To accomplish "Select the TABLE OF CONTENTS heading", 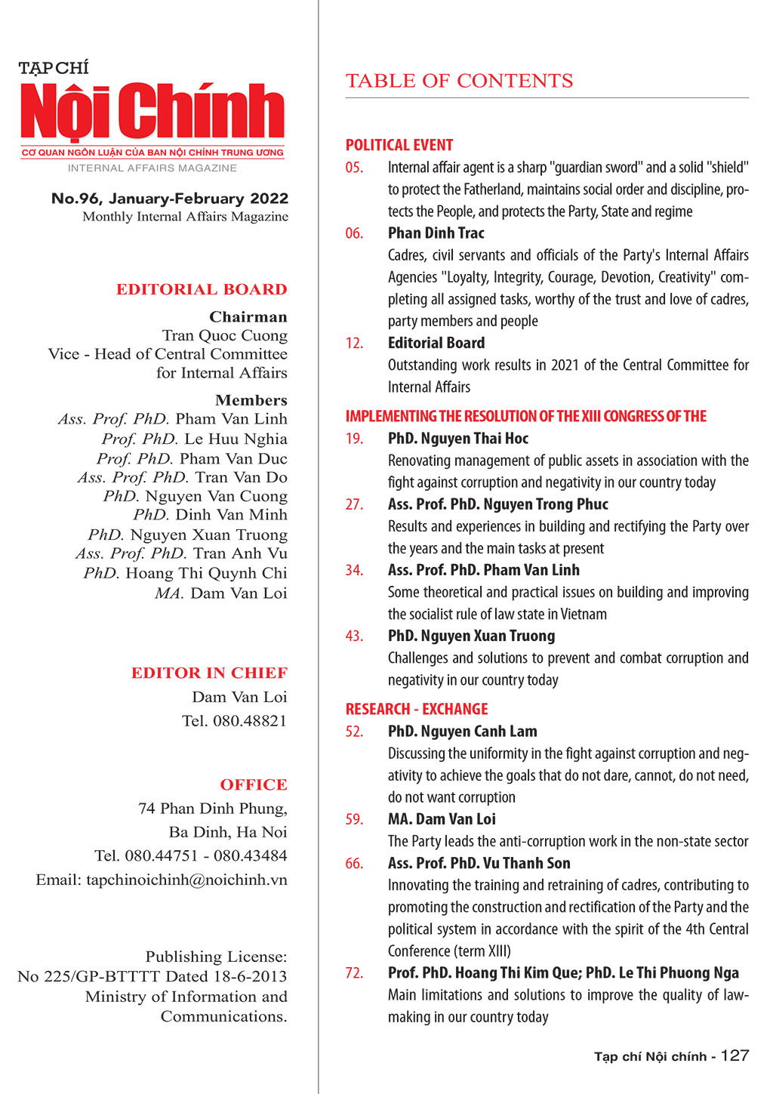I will point(459,81).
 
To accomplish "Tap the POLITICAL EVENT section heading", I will point(399,145).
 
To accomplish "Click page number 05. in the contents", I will point(354,168).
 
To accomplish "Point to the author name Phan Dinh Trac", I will point(436,233).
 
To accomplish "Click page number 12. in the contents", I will point(354,343).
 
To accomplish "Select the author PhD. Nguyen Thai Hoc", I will point(457,439).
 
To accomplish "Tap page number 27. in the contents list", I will point(354,504).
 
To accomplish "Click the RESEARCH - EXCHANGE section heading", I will point(417,709).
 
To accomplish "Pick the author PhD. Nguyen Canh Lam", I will point(462,732).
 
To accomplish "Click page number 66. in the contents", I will point(354,863).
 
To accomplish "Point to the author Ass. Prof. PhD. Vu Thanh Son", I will point(479,863).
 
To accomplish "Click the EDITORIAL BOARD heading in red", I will point(202,289).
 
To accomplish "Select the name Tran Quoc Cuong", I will point(224,335).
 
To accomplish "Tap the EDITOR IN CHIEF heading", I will point(209,673).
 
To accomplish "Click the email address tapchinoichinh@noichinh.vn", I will point(186,880).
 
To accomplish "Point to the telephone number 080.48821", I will point(249,721).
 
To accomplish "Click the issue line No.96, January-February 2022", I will point(170,199).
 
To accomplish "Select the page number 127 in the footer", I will point(735,1055).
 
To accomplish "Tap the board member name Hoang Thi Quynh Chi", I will point(206,573).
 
